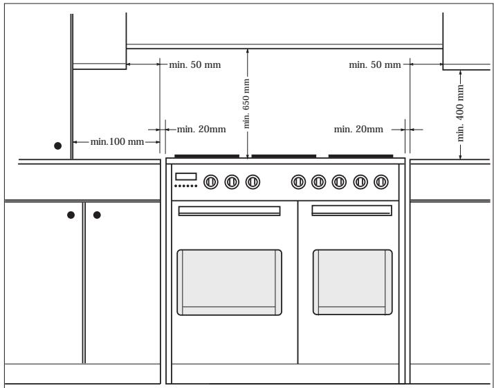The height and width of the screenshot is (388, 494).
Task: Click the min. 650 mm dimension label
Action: [x=246, y=103]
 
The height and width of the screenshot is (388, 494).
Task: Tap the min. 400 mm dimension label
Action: [x=460, y=113]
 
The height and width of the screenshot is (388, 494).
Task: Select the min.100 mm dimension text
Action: [x=117, y=141]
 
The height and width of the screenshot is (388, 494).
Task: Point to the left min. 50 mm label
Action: [x=194, y=64]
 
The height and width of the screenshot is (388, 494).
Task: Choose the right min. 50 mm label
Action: [x=375, y=64]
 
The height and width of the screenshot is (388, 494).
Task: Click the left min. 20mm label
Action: [x=201, y=130]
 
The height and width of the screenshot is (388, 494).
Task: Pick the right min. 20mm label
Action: [x=358, y=130]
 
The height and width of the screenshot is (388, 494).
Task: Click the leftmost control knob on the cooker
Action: [x=211, y=182]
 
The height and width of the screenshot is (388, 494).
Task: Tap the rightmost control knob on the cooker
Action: [x=381, y=182]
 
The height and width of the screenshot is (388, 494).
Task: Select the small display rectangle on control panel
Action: [x=186, y=177]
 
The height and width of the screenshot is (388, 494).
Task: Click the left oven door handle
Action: [x=230, y=211]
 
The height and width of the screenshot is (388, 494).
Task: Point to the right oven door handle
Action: [x=352, y=211]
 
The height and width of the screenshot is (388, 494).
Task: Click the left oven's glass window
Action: [x=230, y=282]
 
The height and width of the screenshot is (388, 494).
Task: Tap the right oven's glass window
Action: [x=353, y=282]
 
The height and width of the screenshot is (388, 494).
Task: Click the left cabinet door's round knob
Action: [x=71, y=215]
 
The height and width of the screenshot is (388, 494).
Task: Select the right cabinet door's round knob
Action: [x=97, y=215]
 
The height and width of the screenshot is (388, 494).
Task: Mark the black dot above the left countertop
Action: [x=57, y=145]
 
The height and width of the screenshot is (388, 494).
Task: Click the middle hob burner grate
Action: [x=284, y=156]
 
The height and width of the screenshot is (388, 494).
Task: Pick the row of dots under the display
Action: [x=186, y=186]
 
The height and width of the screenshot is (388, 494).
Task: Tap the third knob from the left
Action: [x=253, y=182]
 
